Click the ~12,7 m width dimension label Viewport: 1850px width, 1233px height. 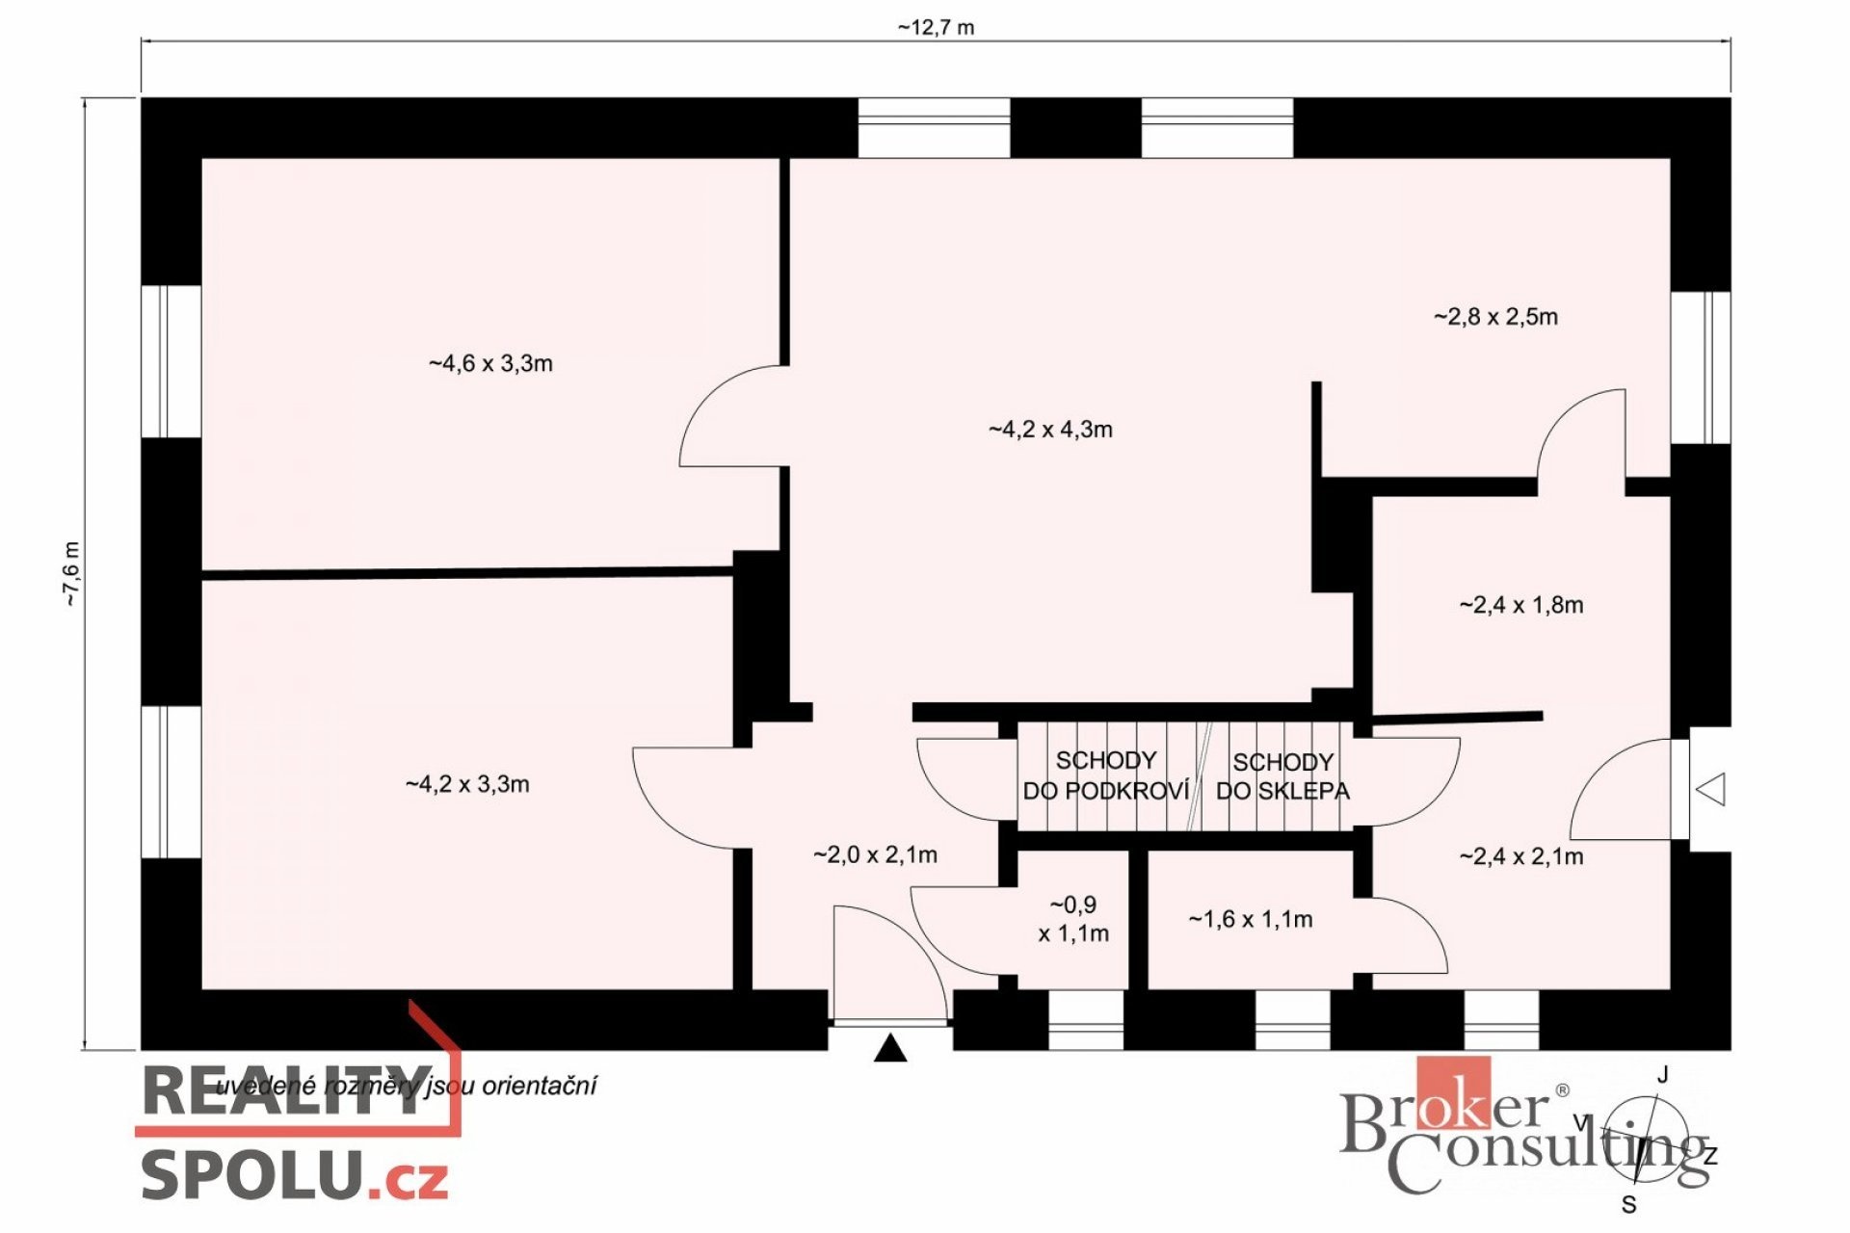936,27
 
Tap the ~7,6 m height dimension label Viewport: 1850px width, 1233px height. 72,574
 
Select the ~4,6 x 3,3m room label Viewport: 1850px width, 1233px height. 490,363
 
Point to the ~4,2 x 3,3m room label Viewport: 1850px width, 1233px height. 467,784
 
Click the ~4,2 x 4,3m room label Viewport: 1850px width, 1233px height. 1050,430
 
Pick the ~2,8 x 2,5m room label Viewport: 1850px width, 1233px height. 1495,317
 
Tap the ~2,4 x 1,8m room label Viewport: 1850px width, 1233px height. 1521,605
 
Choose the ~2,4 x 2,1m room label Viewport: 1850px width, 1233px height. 1521,856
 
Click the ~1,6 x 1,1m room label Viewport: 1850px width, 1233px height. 1251,919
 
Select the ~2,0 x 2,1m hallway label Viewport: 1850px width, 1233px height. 875,854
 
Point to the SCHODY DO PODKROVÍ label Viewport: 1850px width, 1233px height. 1106,775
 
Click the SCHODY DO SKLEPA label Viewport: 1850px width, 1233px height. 1282,776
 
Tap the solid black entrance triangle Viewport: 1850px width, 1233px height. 890,1047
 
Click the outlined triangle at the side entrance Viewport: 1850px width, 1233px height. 1710,790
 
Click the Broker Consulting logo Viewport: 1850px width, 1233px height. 1522,1125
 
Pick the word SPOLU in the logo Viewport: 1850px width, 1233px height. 252,1174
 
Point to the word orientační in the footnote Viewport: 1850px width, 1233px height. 539,1086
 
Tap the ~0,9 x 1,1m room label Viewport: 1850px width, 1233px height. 1073,919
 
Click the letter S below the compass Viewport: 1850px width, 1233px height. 1629,1205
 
